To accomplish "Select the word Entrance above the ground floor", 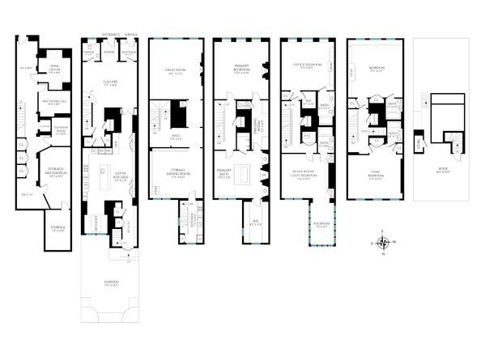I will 112,35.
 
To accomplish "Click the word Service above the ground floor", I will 131,35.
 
